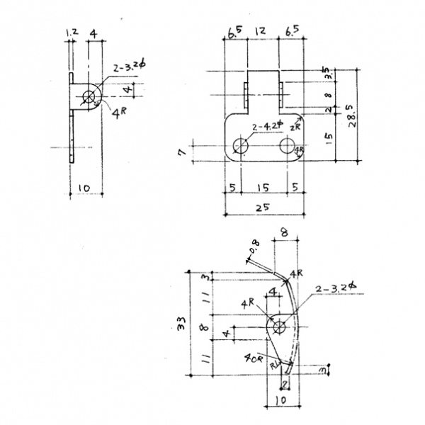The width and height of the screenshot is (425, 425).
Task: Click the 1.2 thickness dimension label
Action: (x=70, y=33)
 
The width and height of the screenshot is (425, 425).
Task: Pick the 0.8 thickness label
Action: (x=255, y=247)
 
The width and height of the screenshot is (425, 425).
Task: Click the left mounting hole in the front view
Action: (x=239, y=147)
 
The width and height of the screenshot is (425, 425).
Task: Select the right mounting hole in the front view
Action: (x=287, y=147)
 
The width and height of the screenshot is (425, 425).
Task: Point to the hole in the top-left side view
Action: (x=90, y=96)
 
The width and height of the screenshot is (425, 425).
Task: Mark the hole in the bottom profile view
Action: (x=279, y=327)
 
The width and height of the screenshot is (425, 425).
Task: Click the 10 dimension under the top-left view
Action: (x=84, y=188)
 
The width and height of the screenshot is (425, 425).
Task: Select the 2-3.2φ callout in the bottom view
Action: (x=336, y=288)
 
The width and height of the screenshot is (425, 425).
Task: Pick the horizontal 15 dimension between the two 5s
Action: (x=263, y=188)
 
